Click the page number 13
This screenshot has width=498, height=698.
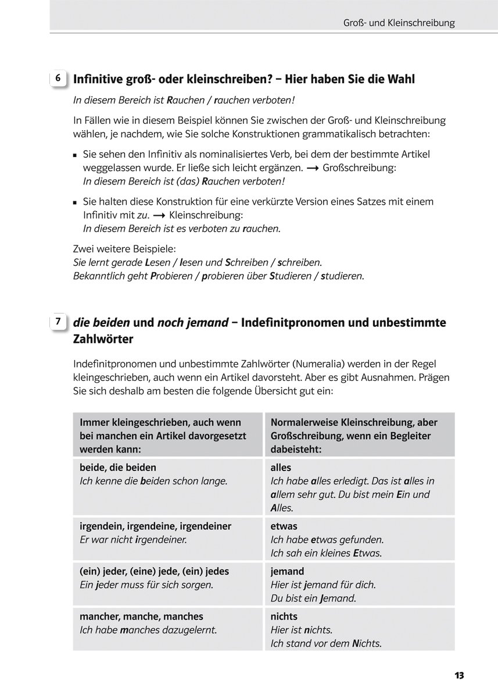(x=459, y=675)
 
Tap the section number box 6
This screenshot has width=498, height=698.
(x=58, y=78)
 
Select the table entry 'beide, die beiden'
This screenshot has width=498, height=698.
(x=118, y=467)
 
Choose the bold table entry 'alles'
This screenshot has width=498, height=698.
(x=281, y=467)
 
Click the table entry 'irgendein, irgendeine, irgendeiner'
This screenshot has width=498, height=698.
(x=155, y=526)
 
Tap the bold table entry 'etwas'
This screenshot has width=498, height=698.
(x=284, y=526)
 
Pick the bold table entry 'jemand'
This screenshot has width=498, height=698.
(x=287, y=571)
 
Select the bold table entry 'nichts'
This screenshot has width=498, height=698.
(x=284, y=616)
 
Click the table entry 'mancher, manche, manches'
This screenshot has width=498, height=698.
(x=141, y=616)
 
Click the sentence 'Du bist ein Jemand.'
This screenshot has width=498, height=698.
(x=314, y=598)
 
